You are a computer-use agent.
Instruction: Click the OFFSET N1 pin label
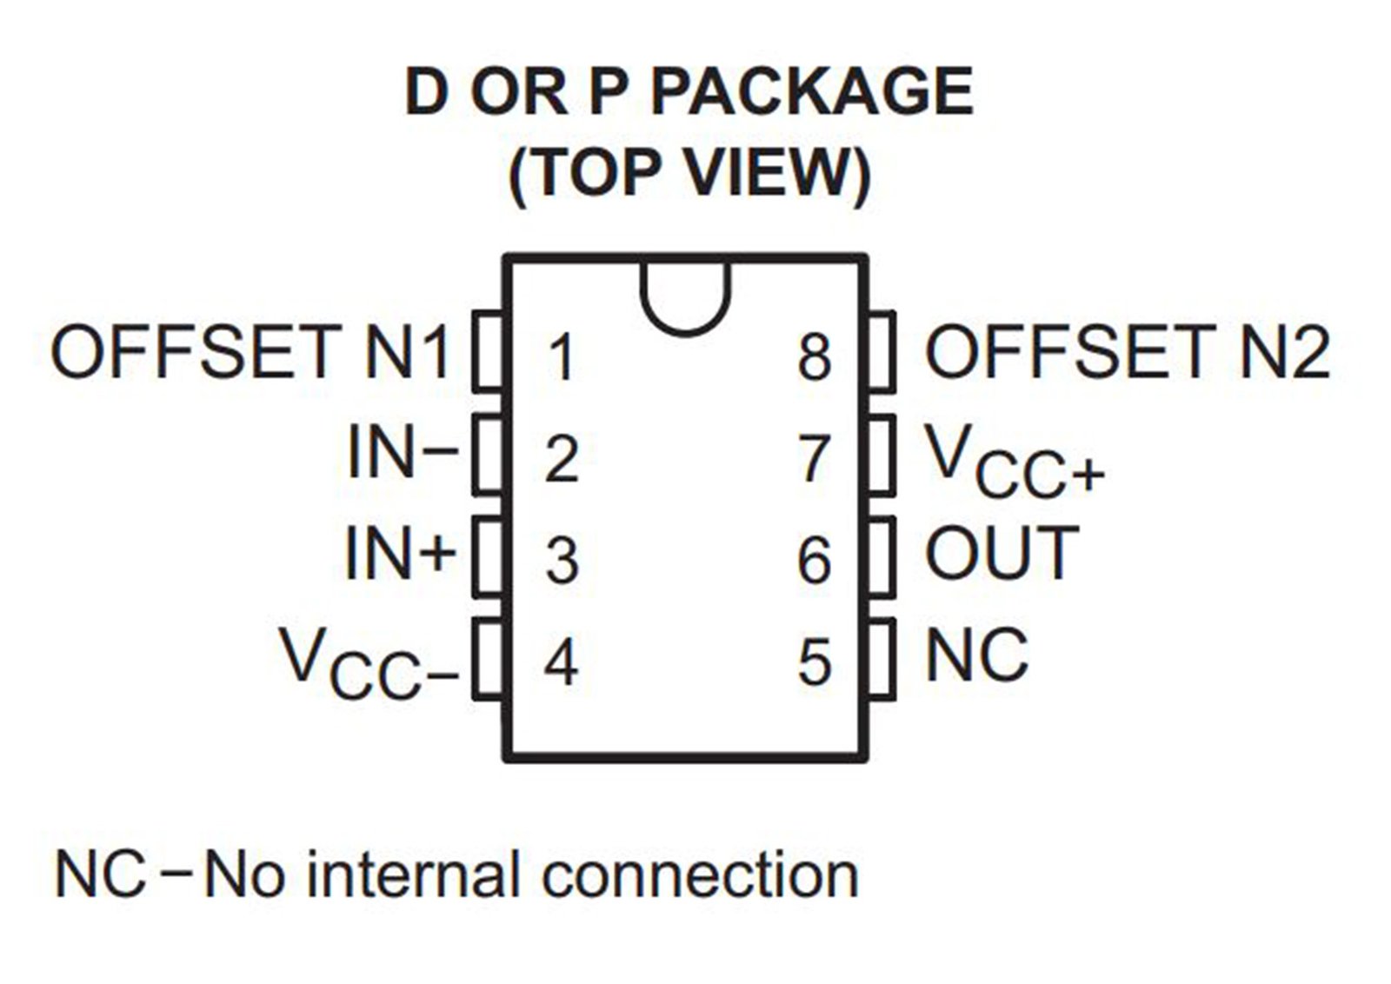250,352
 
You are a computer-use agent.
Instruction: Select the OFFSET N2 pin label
1128,352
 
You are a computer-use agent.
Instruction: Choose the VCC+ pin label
1015,461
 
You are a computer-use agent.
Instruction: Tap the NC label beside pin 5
977,654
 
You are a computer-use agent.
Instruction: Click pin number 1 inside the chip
562,357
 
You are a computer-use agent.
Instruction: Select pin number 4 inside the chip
562,663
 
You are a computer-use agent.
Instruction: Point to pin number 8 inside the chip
814,357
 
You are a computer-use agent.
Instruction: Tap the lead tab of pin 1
488,352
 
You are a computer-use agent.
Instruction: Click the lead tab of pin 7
882,455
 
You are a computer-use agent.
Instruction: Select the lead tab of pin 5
882,659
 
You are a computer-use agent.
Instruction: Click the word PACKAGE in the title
811,92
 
